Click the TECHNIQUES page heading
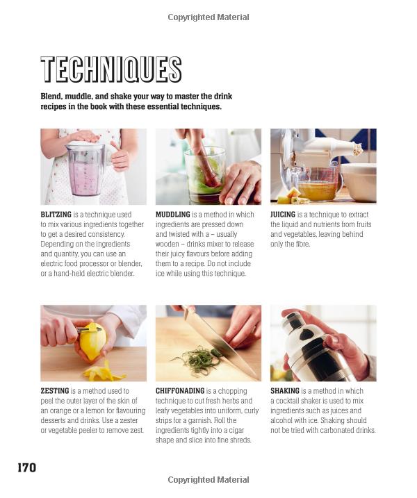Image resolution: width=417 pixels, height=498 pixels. tap(111, 70)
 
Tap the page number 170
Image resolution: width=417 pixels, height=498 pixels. tap(26, 467)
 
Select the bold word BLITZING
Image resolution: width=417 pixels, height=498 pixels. tap(56, 215)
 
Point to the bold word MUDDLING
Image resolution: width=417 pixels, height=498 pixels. tap(172, 215)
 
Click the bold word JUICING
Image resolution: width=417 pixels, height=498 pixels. tap(283, 215)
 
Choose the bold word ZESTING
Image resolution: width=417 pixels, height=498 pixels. tap(55, 391)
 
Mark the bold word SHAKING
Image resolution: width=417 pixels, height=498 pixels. tap(285, 391)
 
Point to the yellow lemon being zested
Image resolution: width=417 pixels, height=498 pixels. tap(92, 341)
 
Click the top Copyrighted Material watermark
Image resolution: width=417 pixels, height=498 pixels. tap(208, 17)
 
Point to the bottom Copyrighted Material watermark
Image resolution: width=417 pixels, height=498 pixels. tap(208, 480)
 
